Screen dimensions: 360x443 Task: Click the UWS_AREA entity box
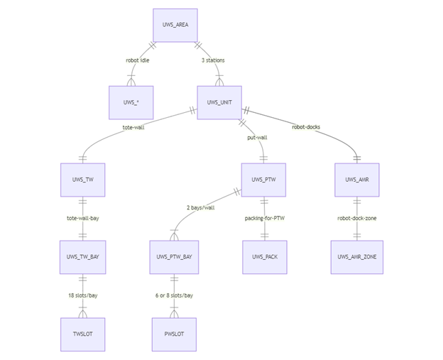(x=175, y=25)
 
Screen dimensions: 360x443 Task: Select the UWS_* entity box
(x=131, y=102)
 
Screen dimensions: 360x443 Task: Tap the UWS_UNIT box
(x=219, y=102)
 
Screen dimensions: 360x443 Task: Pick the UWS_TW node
(x=82, y=180)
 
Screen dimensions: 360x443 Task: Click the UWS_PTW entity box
(x=264, y=180)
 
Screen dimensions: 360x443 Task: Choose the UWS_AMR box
(x=357, y=180)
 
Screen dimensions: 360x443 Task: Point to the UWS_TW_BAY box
(x=82, y=257)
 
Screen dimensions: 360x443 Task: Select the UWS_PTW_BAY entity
(x=173, y=257)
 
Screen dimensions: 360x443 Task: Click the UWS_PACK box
(x=264, y=257)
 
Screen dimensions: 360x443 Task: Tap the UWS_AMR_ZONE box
(x=357, y=257)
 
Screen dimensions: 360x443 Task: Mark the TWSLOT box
(x=82, y=334)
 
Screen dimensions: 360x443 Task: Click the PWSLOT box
(x=173, y=334)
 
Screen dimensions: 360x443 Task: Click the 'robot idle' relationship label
(x=138, y=60)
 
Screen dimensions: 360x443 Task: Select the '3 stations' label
(x=213, y=60)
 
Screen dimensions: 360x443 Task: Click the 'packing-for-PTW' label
(x=264, y=218)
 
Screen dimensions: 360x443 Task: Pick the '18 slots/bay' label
(x=82, y=295)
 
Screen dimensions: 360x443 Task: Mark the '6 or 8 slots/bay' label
(x=174, y=295)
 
